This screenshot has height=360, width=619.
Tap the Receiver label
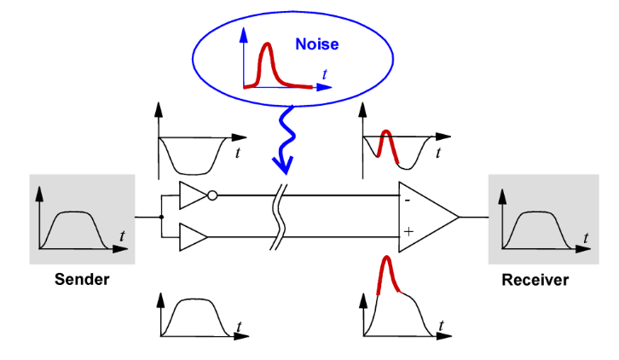[x=535, y=279]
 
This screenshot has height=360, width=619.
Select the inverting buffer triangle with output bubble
[x=192, y=196]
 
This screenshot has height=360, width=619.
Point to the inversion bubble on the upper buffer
[x=211, y=196]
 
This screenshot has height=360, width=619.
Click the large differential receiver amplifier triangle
[x=426, y=218]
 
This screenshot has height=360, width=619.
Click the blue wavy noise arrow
[x=285, y=136]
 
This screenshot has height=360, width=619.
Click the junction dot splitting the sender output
[x=160, y=217]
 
